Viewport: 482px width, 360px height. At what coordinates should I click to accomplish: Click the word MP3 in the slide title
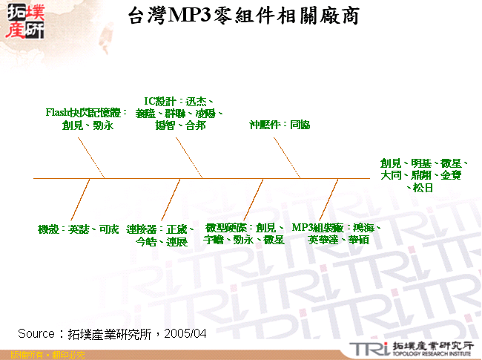192,16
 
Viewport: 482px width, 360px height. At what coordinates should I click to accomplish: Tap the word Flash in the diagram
57,112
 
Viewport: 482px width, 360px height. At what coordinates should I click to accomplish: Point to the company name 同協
300,125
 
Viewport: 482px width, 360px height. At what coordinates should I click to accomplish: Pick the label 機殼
49,229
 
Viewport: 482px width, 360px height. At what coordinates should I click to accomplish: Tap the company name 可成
108,229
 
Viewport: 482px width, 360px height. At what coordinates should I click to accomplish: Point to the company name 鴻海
363,228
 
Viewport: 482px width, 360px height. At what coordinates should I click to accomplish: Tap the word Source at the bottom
36,334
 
